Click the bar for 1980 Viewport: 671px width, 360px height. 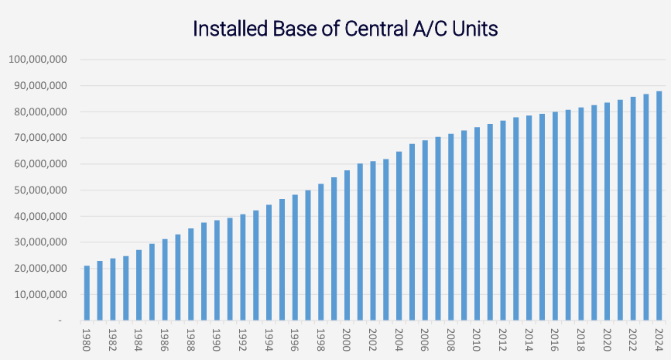[87, 293]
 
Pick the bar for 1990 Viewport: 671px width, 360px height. [217, 270]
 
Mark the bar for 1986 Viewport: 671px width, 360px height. [165, 279]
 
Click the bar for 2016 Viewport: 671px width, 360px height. [555, 216]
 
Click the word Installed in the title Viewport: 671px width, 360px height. [229, 29]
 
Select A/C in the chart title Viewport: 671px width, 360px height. [426, 29]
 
